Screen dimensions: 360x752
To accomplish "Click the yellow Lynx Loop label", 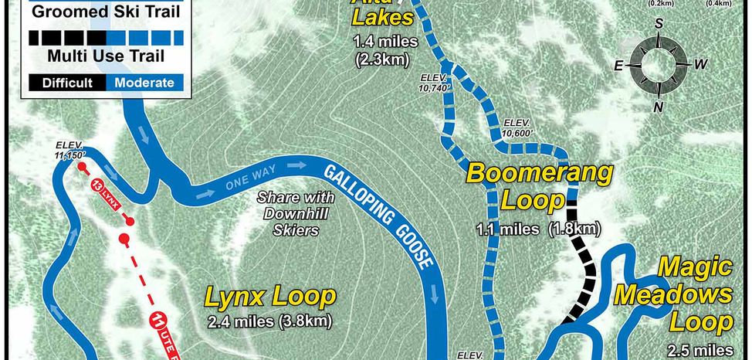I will (x=270, y=297).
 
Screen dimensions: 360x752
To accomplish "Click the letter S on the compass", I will (x=659, y=24).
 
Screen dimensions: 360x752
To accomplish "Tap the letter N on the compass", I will (x=659, y=107).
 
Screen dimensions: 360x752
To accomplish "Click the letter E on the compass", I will (x=618, y=66).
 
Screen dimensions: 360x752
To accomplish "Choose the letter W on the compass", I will (x=699, y=65).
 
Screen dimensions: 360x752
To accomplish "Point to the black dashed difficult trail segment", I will (x=584, y=263).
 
